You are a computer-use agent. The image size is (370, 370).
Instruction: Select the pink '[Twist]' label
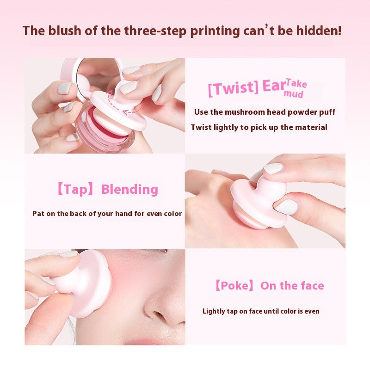click(x=233, y=87)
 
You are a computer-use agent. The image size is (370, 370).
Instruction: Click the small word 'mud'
click(x=294, y=94)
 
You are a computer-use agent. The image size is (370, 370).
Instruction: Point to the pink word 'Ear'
click(x=273, y=86)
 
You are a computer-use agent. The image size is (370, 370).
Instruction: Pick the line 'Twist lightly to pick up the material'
click(x=259, y=127)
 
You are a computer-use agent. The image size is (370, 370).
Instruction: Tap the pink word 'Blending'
click(x=129, y=189)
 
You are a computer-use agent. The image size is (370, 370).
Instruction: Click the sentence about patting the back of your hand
click(x=107, y=214)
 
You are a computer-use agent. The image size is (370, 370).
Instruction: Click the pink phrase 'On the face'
click(x=292, y=286)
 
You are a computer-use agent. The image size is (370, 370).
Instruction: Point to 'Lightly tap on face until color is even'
click(x=261, y=311)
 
